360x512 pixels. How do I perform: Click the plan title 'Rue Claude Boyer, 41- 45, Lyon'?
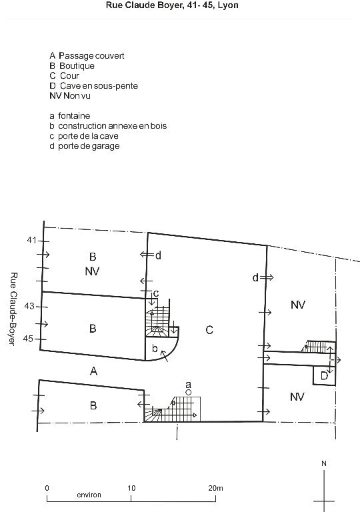172,5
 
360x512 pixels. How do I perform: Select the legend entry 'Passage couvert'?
91,55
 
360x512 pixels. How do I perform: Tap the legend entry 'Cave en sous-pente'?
99,86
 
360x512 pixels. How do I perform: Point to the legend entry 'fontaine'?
74,115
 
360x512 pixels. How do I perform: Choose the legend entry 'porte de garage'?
89,146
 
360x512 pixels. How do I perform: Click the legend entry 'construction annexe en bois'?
113,126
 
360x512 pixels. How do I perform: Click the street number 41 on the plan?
31,240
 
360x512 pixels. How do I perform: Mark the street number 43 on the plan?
29,306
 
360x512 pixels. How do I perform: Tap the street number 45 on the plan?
28,339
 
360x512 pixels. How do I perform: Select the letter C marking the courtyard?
209,330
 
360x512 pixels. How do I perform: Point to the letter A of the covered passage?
94,371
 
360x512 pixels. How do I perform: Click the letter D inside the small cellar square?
324,376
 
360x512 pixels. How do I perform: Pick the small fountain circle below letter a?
188,393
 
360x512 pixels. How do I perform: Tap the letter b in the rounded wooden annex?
155,348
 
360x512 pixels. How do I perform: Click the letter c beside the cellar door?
156,293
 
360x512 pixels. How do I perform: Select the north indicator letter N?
324,463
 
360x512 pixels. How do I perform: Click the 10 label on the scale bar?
131,488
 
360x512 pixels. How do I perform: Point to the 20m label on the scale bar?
215,488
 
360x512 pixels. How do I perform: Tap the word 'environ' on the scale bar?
89,495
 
